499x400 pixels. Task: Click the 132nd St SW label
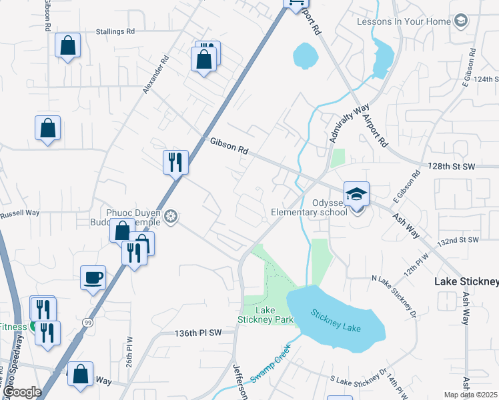coord(458,239)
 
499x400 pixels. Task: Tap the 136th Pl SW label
coord(197,333)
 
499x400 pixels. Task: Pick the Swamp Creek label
coord(270,363)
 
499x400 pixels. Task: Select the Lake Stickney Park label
coord(266,315)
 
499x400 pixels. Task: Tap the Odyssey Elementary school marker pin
coord(356,195)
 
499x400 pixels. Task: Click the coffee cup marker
coord(93,277)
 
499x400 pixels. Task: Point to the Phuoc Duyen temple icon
coord(171,217)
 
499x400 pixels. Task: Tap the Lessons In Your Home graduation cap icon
coord(460,21)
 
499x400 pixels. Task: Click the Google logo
coord(21,392)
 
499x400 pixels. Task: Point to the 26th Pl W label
coord(130,351)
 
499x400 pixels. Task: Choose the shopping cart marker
coord(295,3)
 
